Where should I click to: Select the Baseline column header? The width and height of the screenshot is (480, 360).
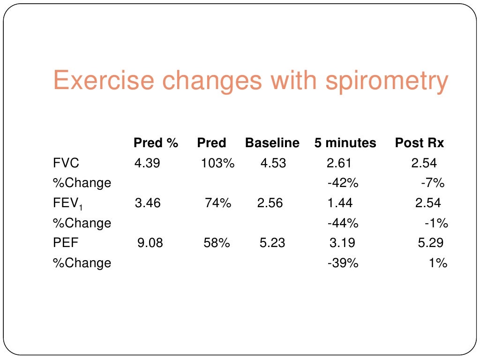coord(272,143)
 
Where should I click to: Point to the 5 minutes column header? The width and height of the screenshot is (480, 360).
coord(345,143)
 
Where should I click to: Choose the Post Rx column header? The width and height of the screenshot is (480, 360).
coord(419,143)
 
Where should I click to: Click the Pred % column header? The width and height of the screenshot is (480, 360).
coord(156,143)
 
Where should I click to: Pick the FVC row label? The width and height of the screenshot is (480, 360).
coord(66,163)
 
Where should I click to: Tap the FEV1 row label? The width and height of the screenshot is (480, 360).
coord(68,203)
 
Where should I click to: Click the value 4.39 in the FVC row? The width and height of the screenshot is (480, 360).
coord(147,163)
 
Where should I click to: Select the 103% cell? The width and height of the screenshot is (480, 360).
coord(217,163)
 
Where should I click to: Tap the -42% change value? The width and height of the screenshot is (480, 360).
coord(343,183)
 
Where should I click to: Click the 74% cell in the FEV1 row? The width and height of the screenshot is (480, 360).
coord(218,203)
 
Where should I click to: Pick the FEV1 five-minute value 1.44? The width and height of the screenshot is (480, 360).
coord(339,203)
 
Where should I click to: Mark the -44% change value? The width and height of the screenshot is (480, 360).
coord(343,224)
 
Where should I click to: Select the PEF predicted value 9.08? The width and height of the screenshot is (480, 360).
coord(150,243)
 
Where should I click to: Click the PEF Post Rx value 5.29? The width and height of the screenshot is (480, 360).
coord(430,243)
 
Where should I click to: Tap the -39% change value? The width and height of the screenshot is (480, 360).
coord(343,263)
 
